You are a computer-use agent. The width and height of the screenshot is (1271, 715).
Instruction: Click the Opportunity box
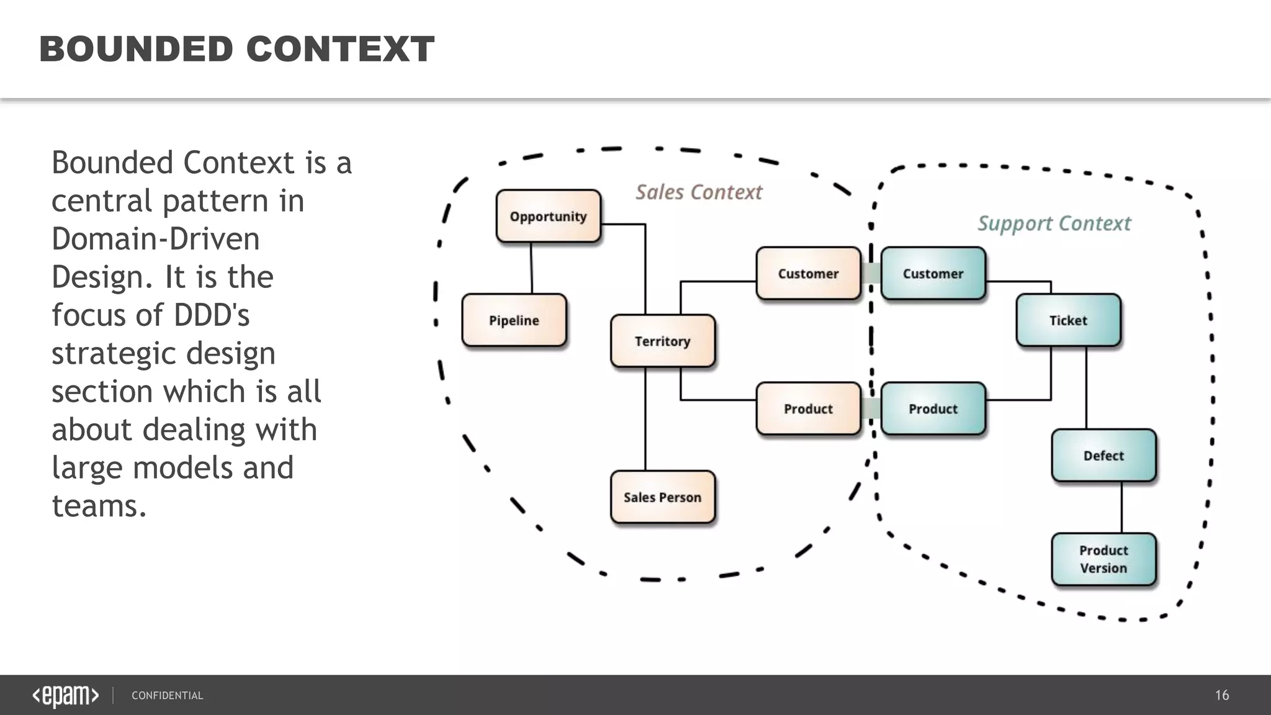pyautogui.click(x=549, y=216)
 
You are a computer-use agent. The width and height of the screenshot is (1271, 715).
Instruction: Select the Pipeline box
pyautogui.click(x=514, y=320)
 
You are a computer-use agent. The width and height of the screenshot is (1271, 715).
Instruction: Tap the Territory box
pyautogui.click(x=662, y=341)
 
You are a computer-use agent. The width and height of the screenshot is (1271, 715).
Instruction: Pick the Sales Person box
pyautogui.click(x=662, y=497)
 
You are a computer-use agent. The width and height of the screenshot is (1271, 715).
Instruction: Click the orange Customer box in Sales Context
pyautogui.click(x=808, y=274)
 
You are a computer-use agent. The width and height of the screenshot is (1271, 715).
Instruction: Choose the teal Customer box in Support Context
pyautogui.click(x=933, y=274)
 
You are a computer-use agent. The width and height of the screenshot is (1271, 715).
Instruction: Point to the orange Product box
pyautogui.click(x=808, y=408)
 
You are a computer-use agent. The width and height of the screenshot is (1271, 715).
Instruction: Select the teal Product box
pyautogui.click(x=933, y=408)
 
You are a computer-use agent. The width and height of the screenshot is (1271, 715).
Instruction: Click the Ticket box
pyautogui.click(x=1068, y=320)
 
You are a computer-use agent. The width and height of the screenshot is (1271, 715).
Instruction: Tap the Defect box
pyautogui.click(x=1103, y=456)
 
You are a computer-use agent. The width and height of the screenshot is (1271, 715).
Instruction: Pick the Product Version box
pyautogui.click(x=1103, y=559)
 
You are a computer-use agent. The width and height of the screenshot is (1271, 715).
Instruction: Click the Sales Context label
pyautogui.click(x=699, y=192)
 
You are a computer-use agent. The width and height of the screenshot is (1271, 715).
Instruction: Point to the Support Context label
pyautogui.click(x=1054, y=223)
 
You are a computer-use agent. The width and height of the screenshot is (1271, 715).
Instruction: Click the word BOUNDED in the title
pyautogui.click(x=136, y=49)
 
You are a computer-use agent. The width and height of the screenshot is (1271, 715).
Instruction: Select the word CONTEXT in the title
pyautogui.click(x=340, y=49)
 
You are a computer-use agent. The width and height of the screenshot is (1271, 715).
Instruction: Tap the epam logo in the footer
pyautogui.click(x=65, y=696)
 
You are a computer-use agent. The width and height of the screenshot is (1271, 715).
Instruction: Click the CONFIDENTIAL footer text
pyautogui.click(x=167, y=696)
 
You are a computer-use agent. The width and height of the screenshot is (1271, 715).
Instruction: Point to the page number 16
pyautogui.click(x=1221, y=695)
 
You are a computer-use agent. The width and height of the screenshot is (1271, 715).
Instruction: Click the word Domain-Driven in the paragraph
pyautogui.click(x=155, y=239)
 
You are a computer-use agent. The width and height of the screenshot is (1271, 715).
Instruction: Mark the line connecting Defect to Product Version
pyautogui.click(x=1121, y=507)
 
